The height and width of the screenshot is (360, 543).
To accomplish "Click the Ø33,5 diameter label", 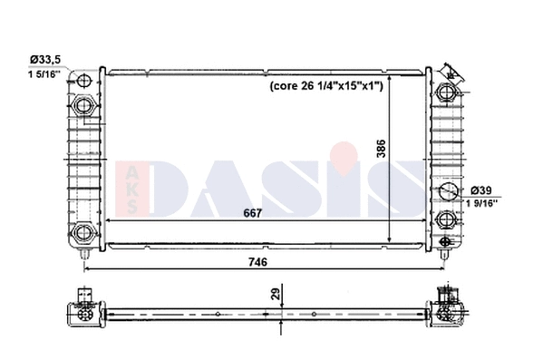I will pyautogui.click(x=44, y=59).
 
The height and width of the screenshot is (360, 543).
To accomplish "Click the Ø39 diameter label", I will pyautogui.click(x=483, y=190).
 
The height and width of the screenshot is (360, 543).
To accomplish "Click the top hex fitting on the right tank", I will pyautogui.click(x=448, y=92).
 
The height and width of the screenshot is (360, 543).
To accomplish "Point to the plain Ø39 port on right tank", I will pyautogui.click(x=448, y=191).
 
